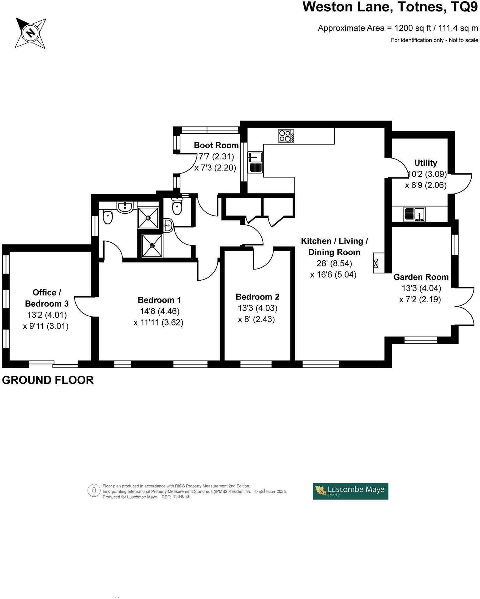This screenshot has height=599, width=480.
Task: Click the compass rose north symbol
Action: (x=31, y=33)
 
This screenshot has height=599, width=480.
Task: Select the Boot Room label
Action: (x=216, y=145)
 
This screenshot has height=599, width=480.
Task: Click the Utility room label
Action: (x=426, y=163)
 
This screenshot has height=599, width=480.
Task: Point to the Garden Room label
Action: (x=421, y=277)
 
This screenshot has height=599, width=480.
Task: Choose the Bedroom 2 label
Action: (x=257, y=297)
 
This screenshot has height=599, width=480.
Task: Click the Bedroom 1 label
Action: (x=159, y=300)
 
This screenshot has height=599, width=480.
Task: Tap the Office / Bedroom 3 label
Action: (x=47, y=298)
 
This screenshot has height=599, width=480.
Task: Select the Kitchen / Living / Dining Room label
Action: (x=334, y=247)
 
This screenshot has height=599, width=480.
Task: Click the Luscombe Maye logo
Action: (x=350, y=491)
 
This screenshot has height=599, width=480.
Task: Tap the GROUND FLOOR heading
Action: (x=48, y=380)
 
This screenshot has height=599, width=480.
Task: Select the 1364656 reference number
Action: (x=181, y=497)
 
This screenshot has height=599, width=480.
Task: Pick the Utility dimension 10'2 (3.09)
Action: (x=427, y=174)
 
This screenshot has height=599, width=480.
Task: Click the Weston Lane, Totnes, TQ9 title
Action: (x=390, y=7)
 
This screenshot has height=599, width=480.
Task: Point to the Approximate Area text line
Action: (x=398, y=28)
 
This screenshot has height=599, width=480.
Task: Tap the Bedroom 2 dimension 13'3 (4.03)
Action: (x=257, y=308)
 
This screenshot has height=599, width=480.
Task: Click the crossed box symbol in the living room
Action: (x=375, y=263)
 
